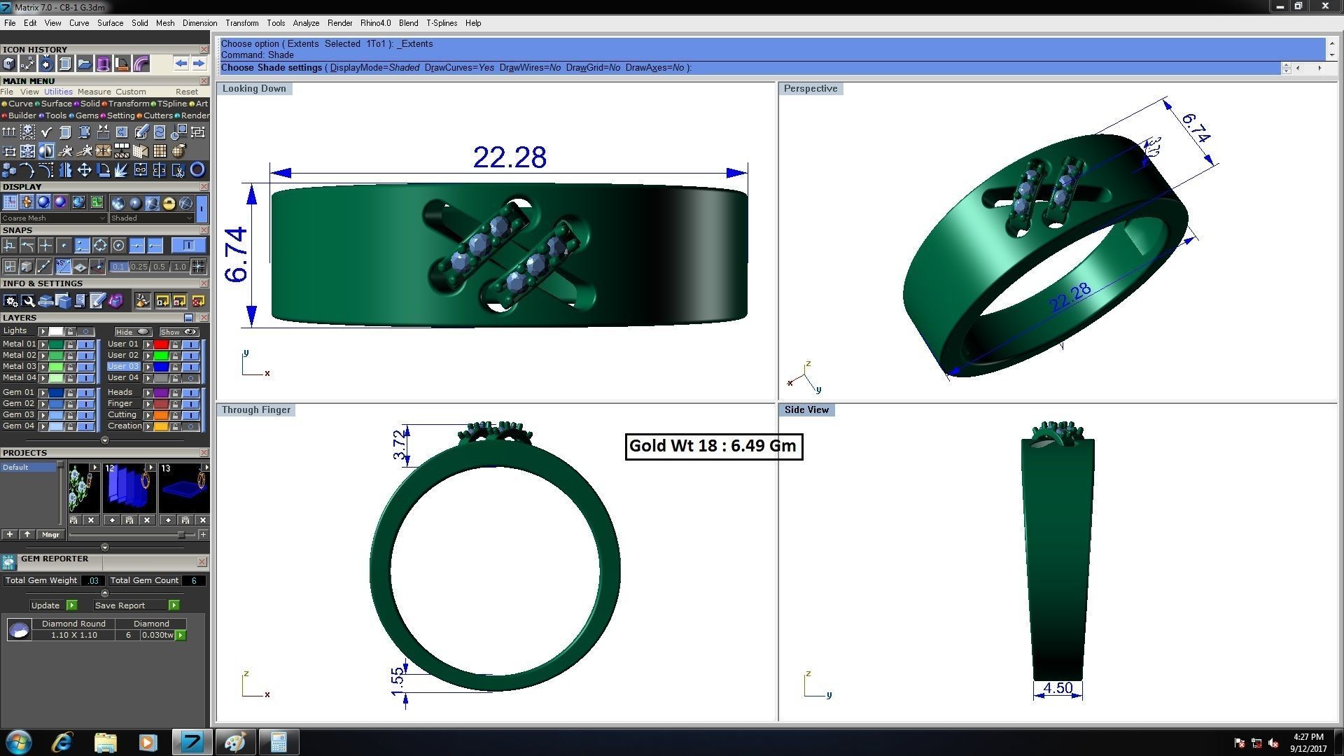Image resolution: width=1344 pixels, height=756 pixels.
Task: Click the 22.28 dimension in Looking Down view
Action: click(509, 157)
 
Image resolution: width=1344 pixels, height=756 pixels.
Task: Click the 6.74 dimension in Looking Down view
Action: click(237, 255)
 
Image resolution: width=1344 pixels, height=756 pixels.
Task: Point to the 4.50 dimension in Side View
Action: click(1057, 688)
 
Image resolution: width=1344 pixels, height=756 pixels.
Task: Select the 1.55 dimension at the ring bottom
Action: click(398, 681)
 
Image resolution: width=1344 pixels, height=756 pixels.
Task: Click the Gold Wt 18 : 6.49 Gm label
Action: click(713, 446)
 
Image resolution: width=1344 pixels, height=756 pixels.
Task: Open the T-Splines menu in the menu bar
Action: click(441, 23)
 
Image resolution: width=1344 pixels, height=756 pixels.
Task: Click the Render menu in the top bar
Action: click(339, 23)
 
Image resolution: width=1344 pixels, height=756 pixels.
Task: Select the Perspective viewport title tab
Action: click(810, 89)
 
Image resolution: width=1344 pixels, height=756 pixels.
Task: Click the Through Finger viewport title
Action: click(255, 410)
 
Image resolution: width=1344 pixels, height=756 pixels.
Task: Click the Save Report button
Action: click(120, 605)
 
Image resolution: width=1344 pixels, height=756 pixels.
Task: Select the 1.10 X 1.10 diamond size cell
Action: click(73, 636)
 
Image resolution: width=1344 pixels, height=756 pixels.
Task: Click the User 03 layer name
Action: click(123, 367)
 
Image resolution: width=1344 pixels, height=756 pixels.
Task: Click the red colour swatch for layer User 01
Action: click(161, 344)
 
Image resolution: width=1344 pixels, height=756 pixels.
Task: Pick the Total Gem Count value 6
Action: click(194, 580)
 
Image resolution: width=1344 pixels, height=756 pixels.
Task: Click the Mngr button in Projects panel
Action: click(50, 535)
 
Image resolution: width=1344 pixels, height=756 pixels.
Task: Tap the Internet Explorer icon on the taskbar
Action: click(62, 742)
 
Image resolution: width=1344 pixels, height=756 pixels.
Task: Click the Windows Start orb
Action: click(18, 742)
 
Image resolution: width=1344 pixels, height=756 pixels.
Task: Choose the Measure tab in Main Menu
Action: click(94, 92)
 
